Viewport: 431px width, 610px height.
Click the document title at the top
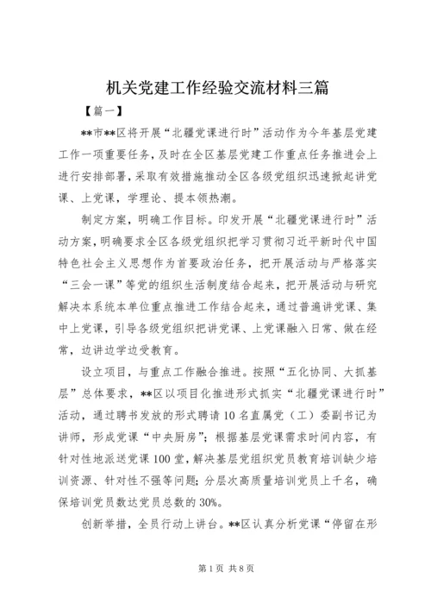[215, 87]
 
